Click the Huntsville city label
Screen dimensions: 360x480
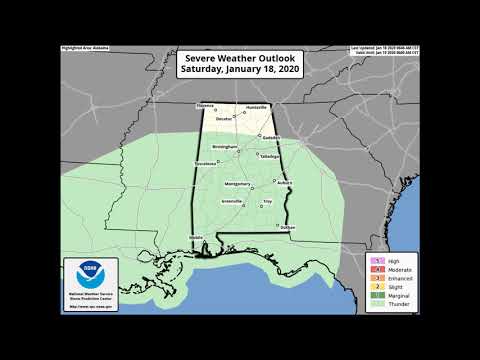point(257,105)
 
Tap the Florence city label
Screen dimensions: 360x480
point(204,105)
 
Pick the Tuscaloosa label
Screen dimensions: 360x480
point(204,162)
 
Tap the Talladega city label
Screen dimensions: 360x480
point(268,157)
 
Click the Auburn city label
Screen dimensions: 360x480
point(285,183)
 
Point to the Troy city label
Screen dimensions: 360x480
point(267,202)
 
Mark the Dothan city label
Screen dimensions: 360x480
point(288,229)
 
